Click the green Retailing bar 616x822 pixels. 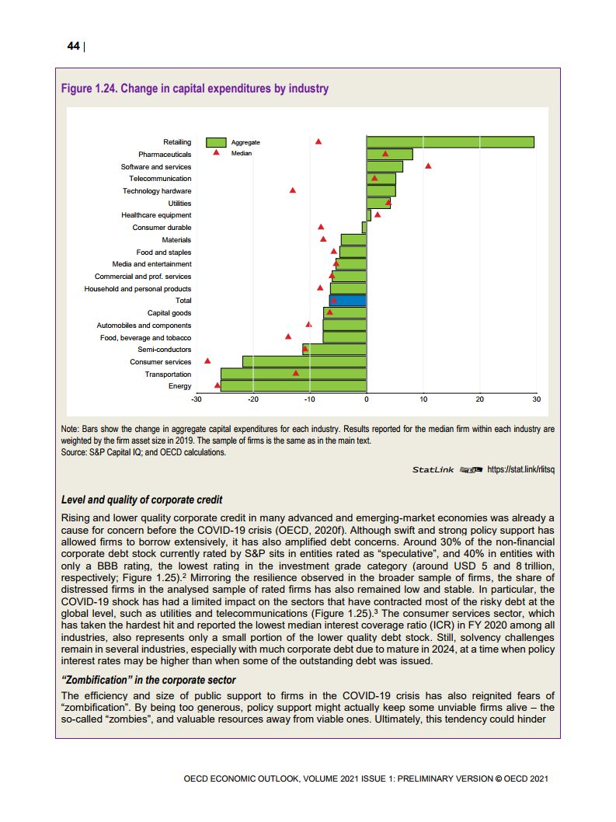(451, 142)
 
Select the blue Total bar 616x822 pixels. (347, 300)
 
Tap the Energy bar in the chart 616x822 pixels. (294, 386)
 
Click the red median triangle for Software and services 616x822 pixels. (428, 166)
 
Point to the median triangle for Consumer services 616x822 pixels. (207, 361)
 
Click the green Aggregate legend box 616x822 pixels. (216, 142)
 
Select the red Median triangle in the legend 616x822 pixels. (216, 153)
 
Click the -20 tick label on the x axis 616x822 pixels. (252, 399)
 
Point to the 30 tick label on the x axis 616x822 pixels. (536, 399)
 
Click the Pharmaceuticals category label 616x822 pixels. (165, 155)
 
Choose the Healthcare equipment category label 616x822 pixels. (156, 215)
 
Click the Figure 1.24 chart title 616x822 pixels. (194, 89)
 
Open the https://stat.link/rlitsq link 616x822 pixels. (521, 469)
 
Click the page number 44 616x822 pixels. (73, 47)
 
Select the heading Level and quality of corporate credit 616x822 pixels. (141, 499)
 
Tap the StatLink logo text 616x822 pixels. (433, 469)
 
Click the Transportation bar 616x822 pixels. (294, 374)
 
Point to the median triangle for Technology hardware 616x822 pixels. (293, 190)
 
